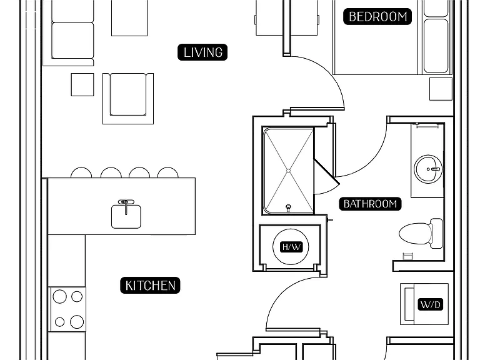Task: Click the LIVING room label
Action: click(202, 52)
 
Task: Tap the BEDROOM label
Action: click(377, 16)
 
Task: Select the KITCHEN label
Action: click(150, 285)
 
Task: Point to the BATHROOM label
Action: click(370, 204)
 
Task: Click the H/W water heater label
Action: click(291, 247)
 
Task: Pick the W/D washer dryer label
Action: click(431, 304)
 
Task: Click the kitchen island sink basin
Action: click(126, 217)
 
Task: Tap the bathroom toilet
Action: click(421, 233)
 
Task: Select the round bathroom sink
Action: click(428, 169)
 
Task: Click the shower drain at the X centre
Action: click(288, 171)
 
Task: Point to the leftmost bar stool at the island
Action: click(81, 172)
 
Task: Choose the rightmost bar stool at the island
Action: click(167, 172)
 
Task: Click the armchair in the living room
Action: click(128, 99)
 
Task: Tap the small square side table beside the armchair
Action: click(82, 84)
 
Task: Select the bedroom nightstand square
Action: click(441, 89)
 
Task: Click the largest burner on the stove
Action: click(77, 322)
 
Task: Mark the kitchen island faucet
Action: click(126, 206)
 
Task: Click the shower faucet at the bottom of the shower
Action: click(288, 208)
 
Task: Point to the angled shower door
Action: click(327, 172)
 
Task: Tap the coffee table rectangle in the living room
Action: click(129, 17)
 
